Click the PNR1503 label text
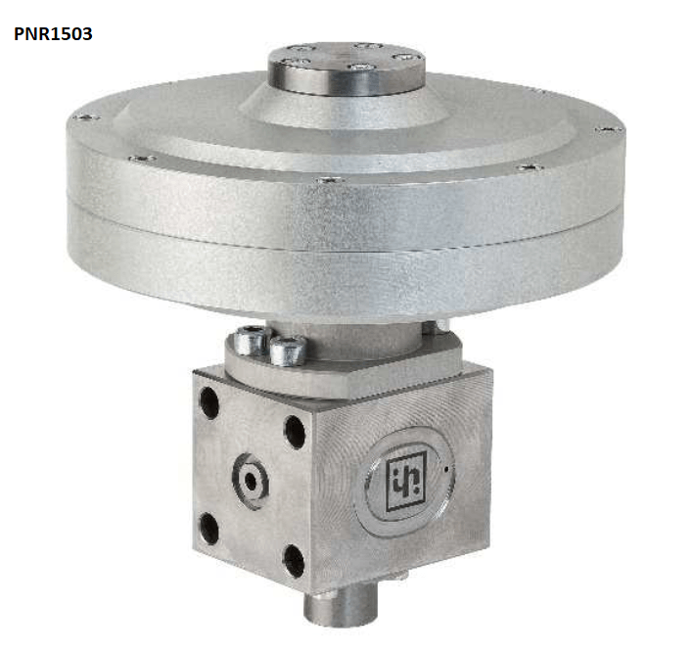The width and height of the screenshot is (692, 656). tap(53, 34)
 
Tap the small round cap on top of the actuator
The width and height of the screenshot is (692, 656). tap(346, 69)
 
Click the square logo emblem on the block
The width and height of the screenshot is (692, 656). tap(406, 481)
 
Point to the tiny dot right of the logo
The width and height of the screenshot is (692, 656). tap(446, 469)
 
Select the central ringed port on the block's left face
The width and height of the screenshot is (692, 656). tap(251, 481)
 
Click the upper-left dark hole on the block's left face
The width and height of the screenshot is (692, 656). tap(208, 402)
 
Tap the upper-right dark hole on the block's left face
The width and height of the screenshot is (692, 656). tap(295, 432)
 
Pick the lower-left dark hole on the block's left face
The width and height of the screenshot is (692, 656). tap(208, 528)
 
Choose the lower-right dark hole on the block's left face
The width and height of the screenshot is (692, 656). tap(294, 562)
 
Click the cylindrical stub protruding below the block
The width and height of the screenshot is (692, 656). tap(342, 607)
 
